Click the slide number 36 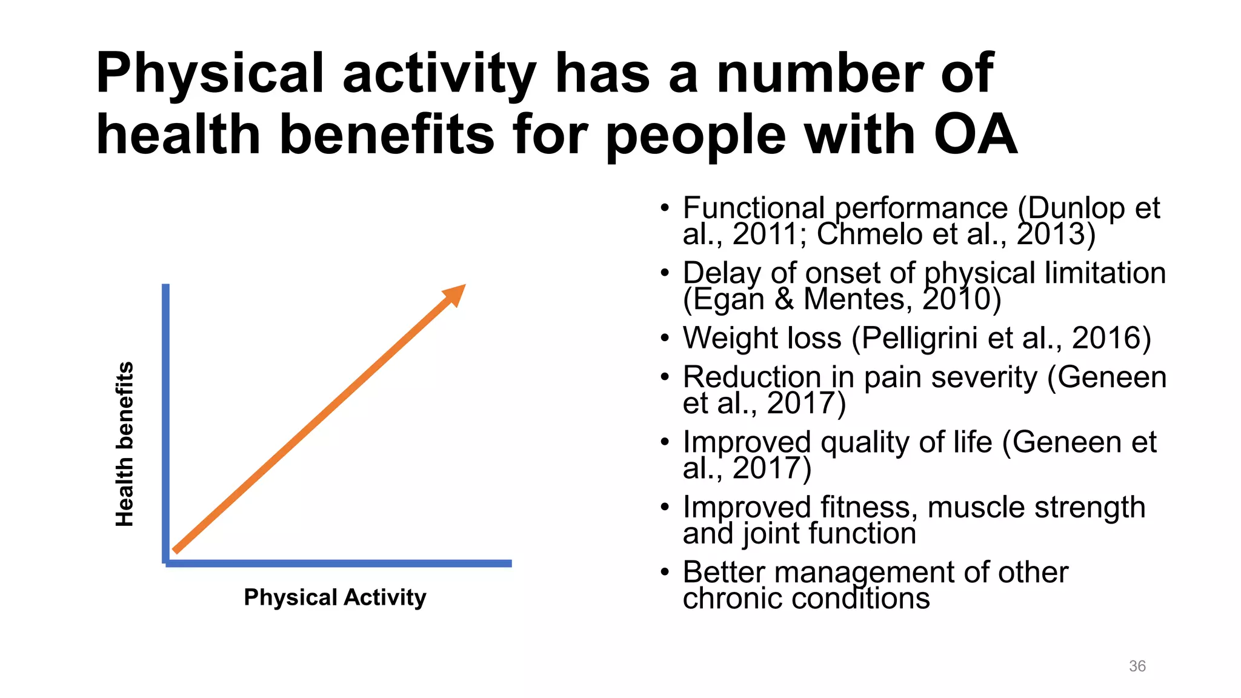[x=1137, y=666]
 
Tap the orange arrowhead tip [x=462, y=288]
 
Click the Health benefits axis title [x=124, y=444]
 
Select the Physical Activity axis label [x=334, y=597]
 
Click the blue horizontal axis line [x=339, y=563]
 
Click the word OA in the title [x=975, y=135]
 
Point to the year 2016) [x=1111, y=338]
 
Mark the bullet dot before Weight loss [x=665, y=338]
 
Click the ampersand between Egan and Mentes [x=784, y=299]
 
